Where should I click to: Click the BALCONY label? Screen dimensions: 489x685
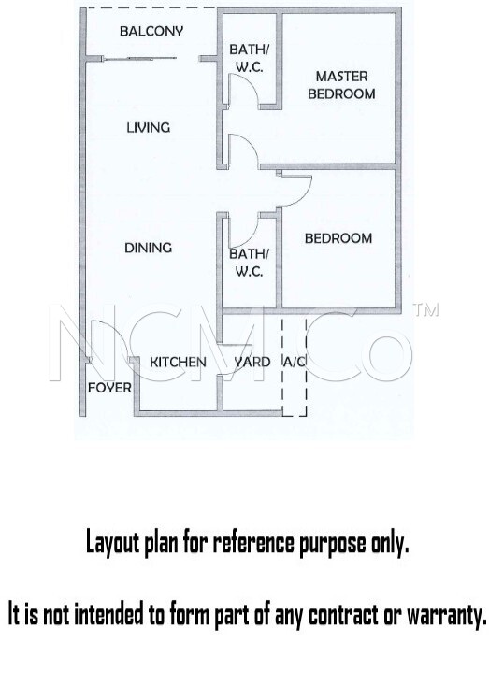pos(151,31)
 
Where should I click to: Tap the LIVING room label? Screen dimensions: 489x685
pos(148,128)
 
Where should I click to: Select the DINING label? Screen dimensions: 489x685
pos(148,248)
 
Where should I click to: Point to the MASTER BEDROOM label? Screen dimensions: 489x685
pos(341,85)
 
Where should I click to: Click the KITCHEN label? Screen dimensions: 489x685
pos(178,362)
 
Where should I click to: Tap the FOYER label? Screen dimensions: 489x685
pos(109,388)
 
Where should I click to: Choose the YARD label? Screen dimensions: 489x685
pos(252,362)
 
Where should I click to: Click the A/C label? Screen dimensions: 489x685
pos(295,362)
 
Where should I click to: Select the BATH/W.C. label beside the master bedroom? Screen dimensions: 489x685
pos(249,58)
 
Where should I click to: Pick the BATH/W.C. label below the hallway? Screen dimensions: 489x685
pos(249,262)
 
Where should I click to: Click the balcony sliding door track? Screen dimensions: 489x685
pos(139,58)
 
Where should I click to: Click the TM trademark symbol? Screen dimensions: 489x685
pos(425,309)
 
